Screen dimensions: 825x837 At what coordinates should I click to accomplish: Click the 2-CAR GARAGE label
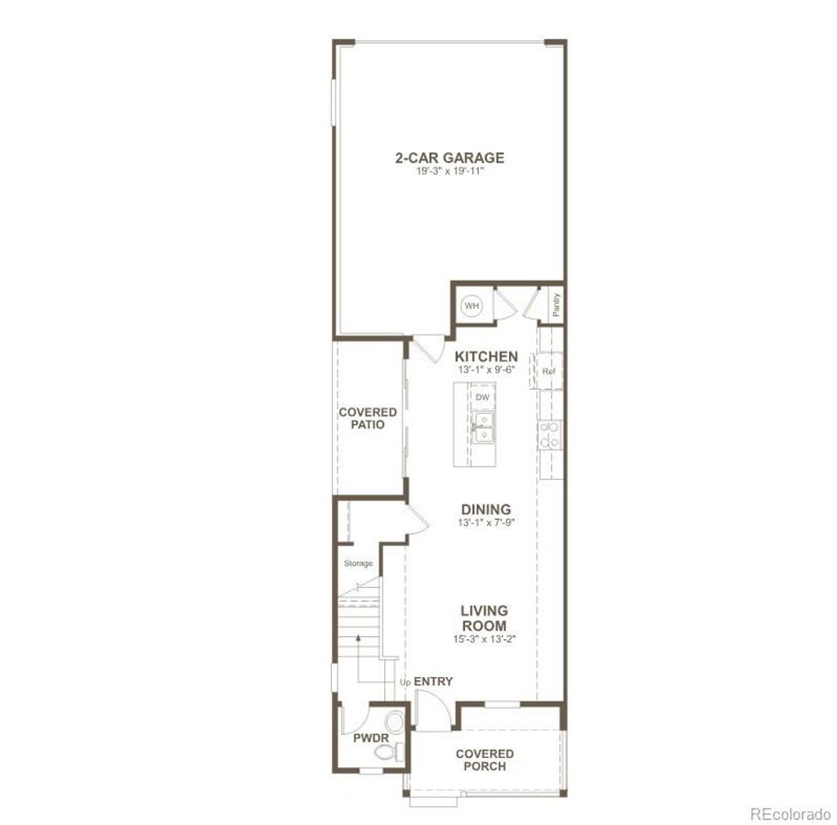click(x=450, y=158)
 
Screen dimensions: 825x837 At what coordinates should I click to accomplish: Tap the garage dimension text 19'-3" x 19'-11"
click(x=450, y=173)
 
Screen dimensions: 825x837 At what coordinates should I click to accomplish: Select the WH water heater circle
click(x=472, y=306)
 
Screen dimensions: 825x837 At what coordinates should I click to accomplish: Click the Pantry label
click(x=556, y=304)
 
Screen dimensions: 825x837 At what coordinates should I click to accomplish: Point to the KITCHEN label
click(x=486, y=356)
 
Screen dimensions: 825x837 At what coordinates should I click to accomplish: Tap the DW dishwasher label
click(x=482, y=397)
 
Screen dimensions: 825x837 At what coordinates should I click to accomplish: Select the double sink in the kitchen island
click(x=483, y=426)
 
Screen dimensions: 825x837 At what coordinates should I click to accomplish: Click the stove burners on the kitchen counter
click(x=550, y=434)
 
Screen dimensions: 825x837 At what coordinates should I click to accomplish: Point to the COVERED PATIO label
click(x=368, y=419)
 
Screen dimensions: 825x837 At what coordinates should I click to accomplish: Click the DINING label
click(x=486, y=509)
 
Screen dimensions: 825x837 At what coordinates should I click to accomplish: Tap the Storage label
click(x=358, y=563)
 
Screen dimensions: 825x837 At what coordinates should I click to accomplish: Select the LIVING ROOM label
click(x=484, y=618)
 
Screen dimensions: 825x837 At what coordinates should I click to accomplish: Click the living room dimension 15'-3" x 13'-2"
click(x=484, y=639)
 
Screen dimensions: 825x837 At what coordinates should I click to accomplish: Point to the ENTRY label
click(x=433, y=681)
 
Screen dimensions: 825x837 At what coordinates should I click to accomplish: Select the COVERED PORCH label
click(x=485, y=760)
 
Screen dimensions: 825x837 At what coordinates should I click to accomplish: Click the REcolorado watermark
click(x=790, y=814)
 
